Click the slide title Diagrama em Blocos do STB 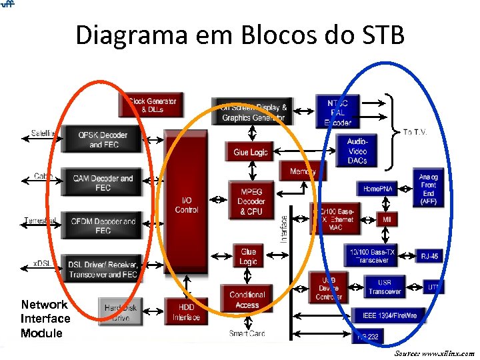tap(240, 35)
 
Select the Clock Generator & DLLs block tap(152, 105)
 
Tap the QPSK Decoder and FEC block tap(103, 139)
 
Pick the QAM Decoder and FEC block tap(103, 183)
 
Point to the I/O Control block tap(186, 205)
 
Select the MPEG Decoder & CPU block tap(251, 201)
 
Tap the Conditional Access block tap(247, 299)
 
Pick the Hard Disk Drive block tap(121, 312)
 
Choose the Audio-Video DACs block tap(357, 151)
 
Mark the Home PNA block tap(377, 189)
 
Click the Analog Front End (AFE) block tap(428, 188)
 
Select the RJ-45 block tap(429, 255)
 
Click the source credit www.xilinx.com tap(434, 353)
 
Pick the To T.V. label tap(415, 132)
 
